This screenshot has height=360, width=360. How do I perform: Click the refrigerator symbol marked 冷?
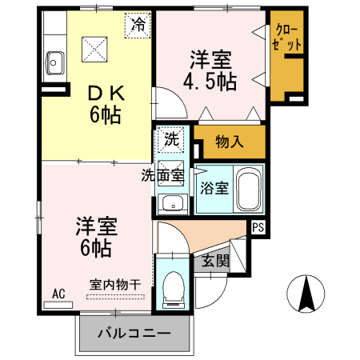pyautogui.click(x=138, y=25)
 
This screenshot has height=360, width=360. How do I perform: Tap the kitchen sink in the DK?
pyautogui.click(x=55, y=63)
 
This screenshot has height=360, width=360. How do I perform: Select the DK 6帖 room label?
pyautogui.click(x=106, y=104)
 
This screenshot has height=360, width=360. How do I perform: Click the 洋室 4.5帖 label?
pyautogui.click(x=210, y=70)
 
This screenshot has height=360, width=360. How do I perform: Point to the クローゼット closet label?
pyautogui.click(x=287, y=37)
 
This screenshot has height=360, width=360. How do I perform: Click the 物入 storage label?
pyautogui.click(x=230, y=142)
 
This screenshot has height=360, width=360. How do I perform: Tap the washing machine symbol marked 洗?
pyautogui.click(x=171, y=139)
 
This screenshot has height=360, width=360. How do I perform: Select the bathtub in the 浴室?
pyautogui.click(x=248, y=189)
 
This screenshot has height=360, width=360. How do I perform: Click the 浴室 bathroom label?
pyautogui.click(x=214, y=188)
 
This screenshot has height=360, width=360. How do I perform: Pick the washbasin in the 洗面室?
pyautogui.click(x=172, y=204)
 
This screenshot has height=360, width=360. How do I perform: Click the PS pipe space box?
pyautogui.click(x=258, y=227)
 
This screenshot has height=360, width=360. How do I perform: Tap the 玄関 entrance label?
pyautogui.click(x=215, y=261)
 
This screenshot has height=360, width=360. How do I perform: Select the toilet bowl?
pyautogui.click(x=174, y=290)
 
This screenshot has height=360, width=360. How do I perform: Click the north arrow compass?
pyautogui.click(x=306, y=294)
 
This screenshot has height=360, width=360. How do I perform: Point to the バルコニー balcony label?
pyautogui.click(x=134, y=334)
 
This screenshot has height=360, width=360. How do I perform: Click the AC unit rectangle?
pyautogui.click(x=58, y=305)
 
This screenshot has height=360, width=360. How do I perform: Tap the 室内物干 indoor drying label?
pyautogui.click(x=115, y=285)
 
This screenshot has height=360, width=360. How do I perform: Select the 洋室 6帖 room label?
pyautogui.click(x=96, y=237)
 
